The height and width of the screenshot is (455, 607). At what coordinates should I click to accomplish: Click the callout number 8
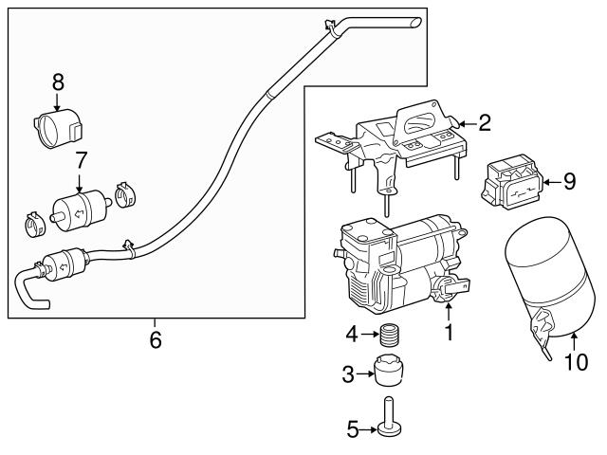[x=58, y=82]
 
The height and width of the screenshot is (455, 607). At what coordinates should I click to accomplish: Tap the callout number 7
[x=80, y=160]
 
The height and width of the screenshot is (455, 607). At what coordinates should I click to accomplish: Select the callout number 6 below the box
[x=156, y=339]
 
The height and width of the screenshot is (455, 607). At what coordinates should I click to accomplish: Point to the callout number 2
[x=485, y=122]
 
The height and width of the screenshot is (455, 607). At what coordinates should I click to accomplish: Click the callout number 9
[x=569, y=181]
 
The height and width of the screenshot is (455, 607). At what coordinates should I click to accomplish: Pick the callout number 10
[x=576, y=362]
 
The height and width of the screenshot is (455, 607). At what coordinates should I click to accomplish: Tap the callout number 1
[x=449, y=333]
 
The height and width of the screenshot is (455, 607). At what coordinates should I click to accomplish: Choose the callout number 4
[x=352, y=335]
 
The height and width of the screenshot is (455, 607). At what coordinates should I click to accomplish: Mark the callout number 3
[x=348, y=374]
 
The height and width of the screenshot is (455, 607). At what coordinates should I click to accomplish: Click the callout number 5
[x=353, y=429]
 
